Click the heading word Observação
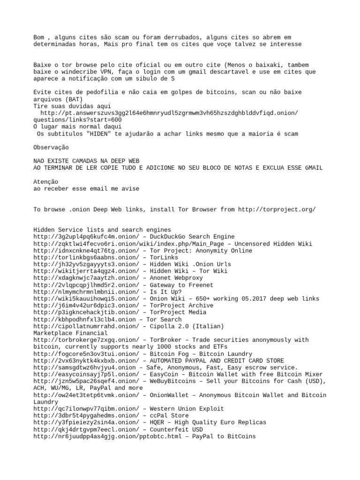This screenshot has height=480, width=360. tap(51, 147)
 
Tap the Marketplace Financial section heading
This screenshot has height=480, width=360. tap(70, 333)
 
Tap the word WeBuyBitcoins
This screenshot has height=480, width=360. tap(172, 381)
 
